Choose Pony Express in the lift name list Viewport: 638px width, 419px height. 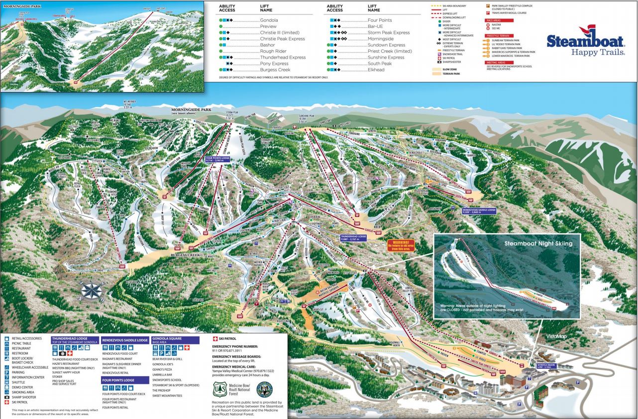(274, 64)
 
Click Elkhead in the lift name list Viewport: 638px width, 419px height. (377, 70)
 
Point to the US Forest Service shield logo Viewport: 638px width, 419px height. (219, 389)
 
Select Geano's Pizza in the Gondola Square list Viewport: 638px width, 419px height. (163, 370)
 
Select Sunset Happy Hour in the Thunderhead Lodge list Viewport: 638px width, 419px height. (66, 372)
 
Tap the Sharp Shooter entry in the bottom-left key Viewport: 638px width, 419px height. (23, 397)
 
